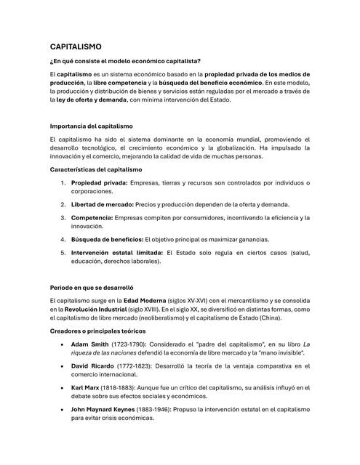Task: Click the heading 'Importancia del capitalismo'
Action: click(92, 127)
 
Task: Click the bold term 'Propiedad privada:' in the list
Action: click(99, 182)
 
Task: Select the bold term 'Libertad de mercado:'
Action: click(102, 204)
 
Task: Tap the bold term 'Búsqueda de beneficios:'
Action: click(107, 239)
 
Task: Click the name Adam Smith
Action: click(91, 342)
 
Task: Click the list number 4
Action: click(63, 239)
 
